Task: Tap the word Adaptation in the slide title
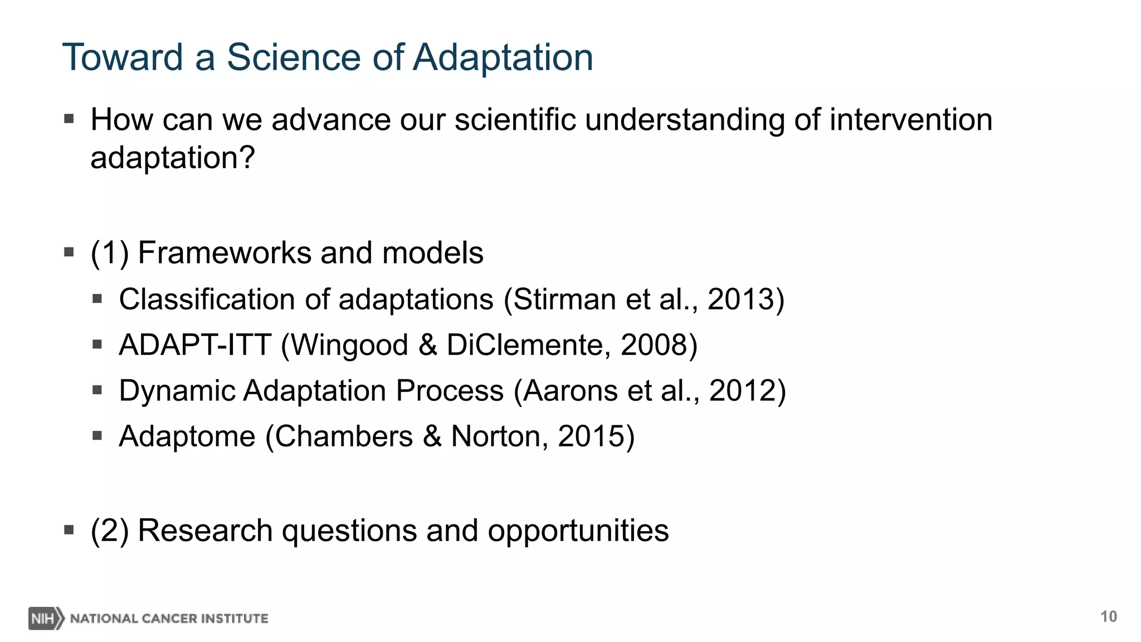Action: [x=503, y=57]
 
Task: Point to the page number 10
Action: [x=1108, y=616]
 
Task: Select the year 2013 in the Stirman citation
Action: [x=740, y=299]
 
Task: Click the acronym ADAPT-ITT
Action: [x=195, y=345]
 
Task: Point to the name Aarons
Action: [x=570, y=391]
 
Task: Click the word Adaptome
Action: [x=187, y=436]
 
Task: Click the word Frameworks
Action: [x=224, y=253]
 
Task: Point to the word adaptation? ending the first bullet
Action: [x=172, y=158]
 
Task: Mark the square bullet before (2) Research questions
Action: [x=69, y=529]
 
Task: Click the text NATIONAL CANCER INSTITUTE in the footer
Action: [x=169, y=619]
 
